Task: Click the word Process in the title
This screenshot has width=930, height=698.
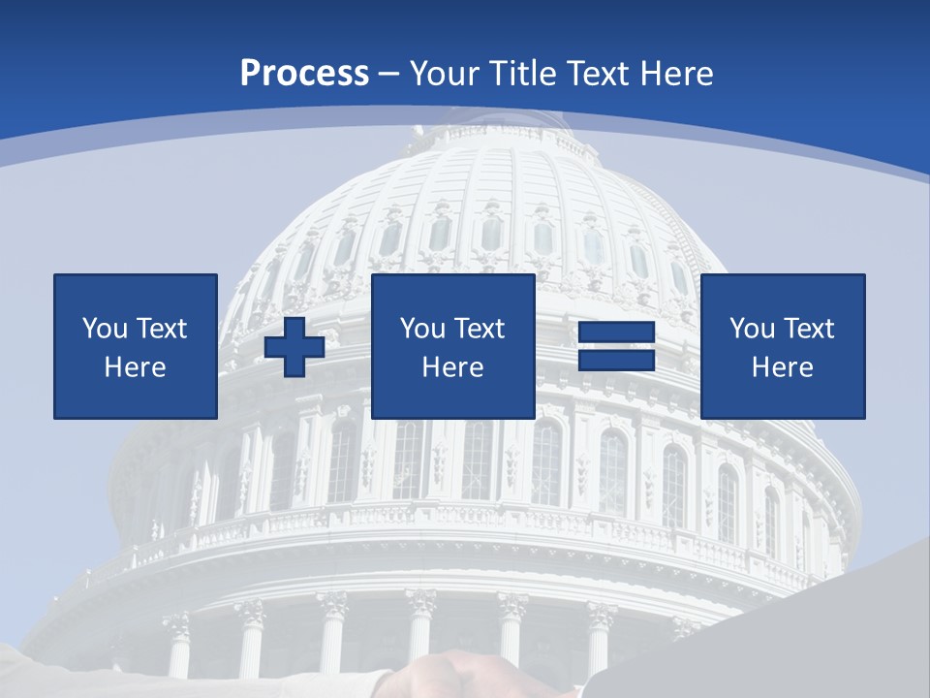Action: point(304,74)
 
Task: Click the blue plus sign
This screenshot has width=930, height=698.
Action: point(294,347)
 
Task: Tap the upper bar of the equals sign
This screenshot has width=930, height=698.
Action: point(616,333)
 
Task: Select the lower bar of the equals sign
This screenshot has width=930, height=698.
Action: point(616,360)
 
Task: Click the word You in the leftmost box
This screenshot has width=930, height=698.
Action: point(104,329)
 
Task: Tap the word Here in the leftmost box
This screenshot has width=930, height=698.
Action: point(136,367)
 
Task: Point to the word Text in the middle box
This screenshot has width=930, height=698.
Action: point(480,329)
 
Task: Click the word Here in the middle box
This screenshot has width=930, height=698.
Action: point(453,367)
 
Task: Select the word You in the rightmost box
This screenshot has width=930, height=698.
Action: point(751,329)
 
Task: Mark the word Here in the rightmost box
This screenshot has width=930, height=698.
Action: point(783,367)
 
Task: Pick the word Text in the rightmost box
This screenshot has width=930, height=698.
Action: point(809,329)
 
